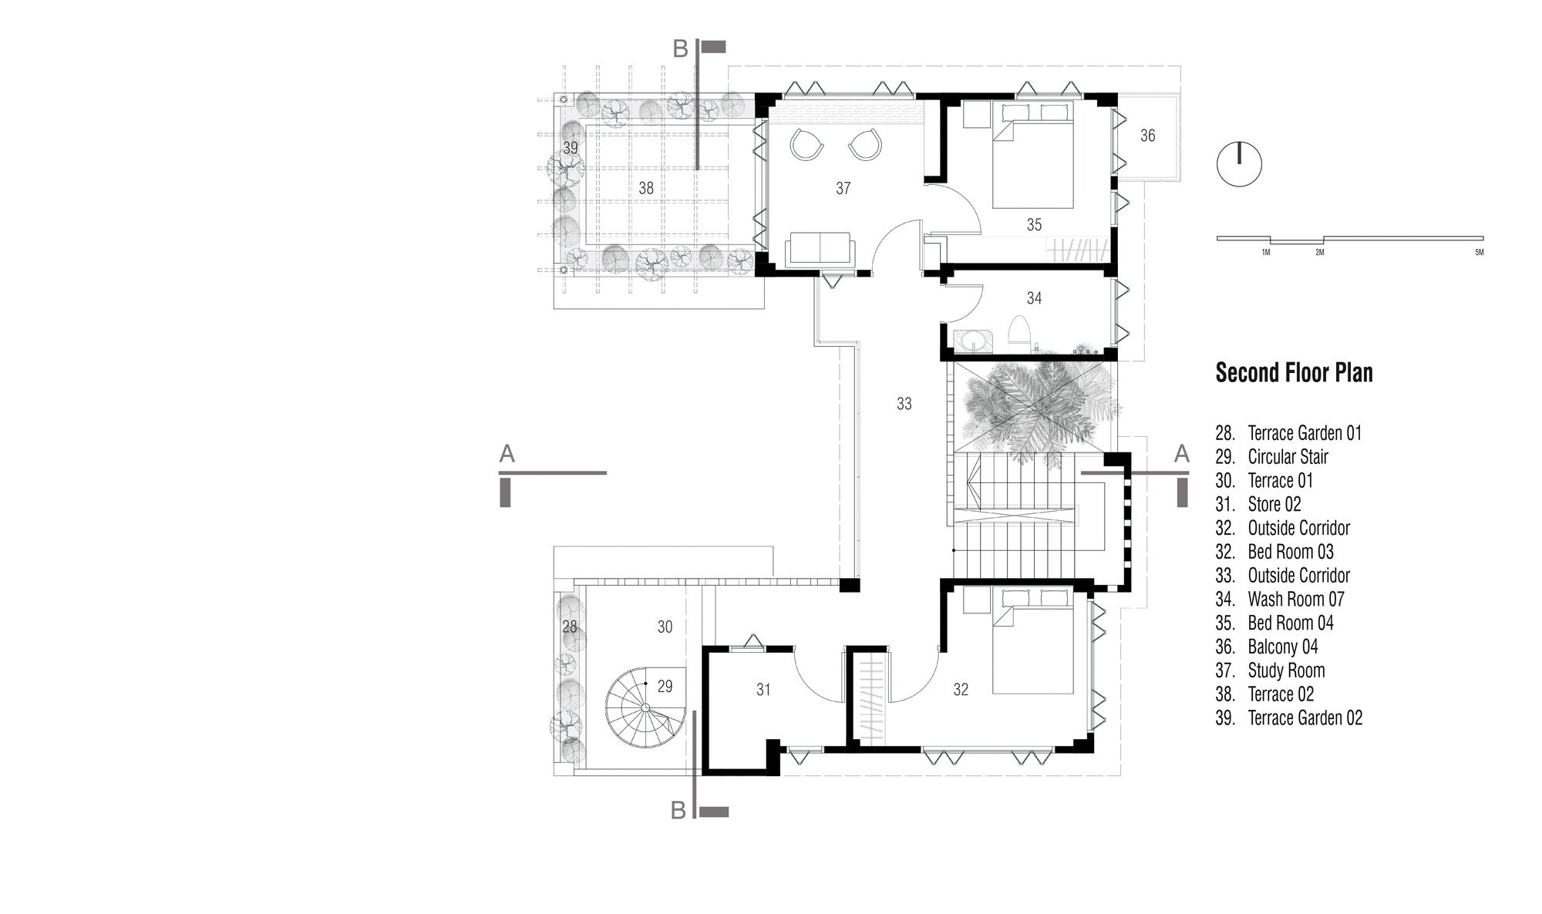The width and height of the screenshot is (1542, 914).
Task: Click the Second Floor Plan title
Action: [x=1294, y=373]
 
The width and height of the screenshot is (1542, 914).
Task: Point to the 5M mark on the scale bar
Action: [x=1479, y=253]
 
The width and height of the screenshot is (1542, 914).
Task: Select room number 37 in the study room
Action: [x=843, y=188]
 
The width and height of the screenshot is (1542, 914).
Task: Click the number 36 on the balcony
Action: [x=1147, y=136]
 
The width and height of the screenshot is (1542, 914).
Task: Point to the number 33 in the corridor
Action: [x=904, y=403]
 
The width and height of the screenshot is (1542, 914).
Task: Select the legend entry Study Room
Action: [x=1271, y=670]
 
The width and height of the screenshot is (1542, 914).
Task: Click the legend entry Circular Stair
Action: [x=1272, y=457]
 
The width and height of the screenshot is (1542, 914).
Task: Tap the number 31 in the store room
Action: [x=763, y=690]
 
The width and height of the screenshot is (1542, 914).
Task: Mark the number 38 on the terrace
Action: [x=646, y=188]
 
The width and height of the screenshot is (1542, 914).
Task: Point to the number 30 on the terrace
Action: [x=665, y=627]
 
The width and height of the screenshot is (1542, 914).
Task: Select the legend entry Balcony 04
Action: [x=1267, y=647]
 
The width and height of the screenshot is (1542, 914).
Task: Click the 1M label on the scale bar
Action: [x=1266, y=253]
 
